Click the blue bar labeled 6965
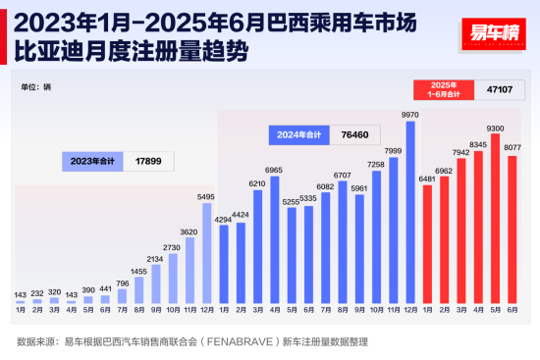pyautogui.click(x=274, y=240)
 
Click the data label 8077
pyautogui.click(x=513, y=147)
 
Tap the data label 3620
pyautogui.click(x=189, y=231)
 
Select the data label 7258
pyautogui.click(x=376, y=165)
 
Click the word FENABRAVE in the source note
pyautogui.click(x=220, y=342)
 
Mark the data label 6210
pyautogui.click(x=257, y=183)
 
